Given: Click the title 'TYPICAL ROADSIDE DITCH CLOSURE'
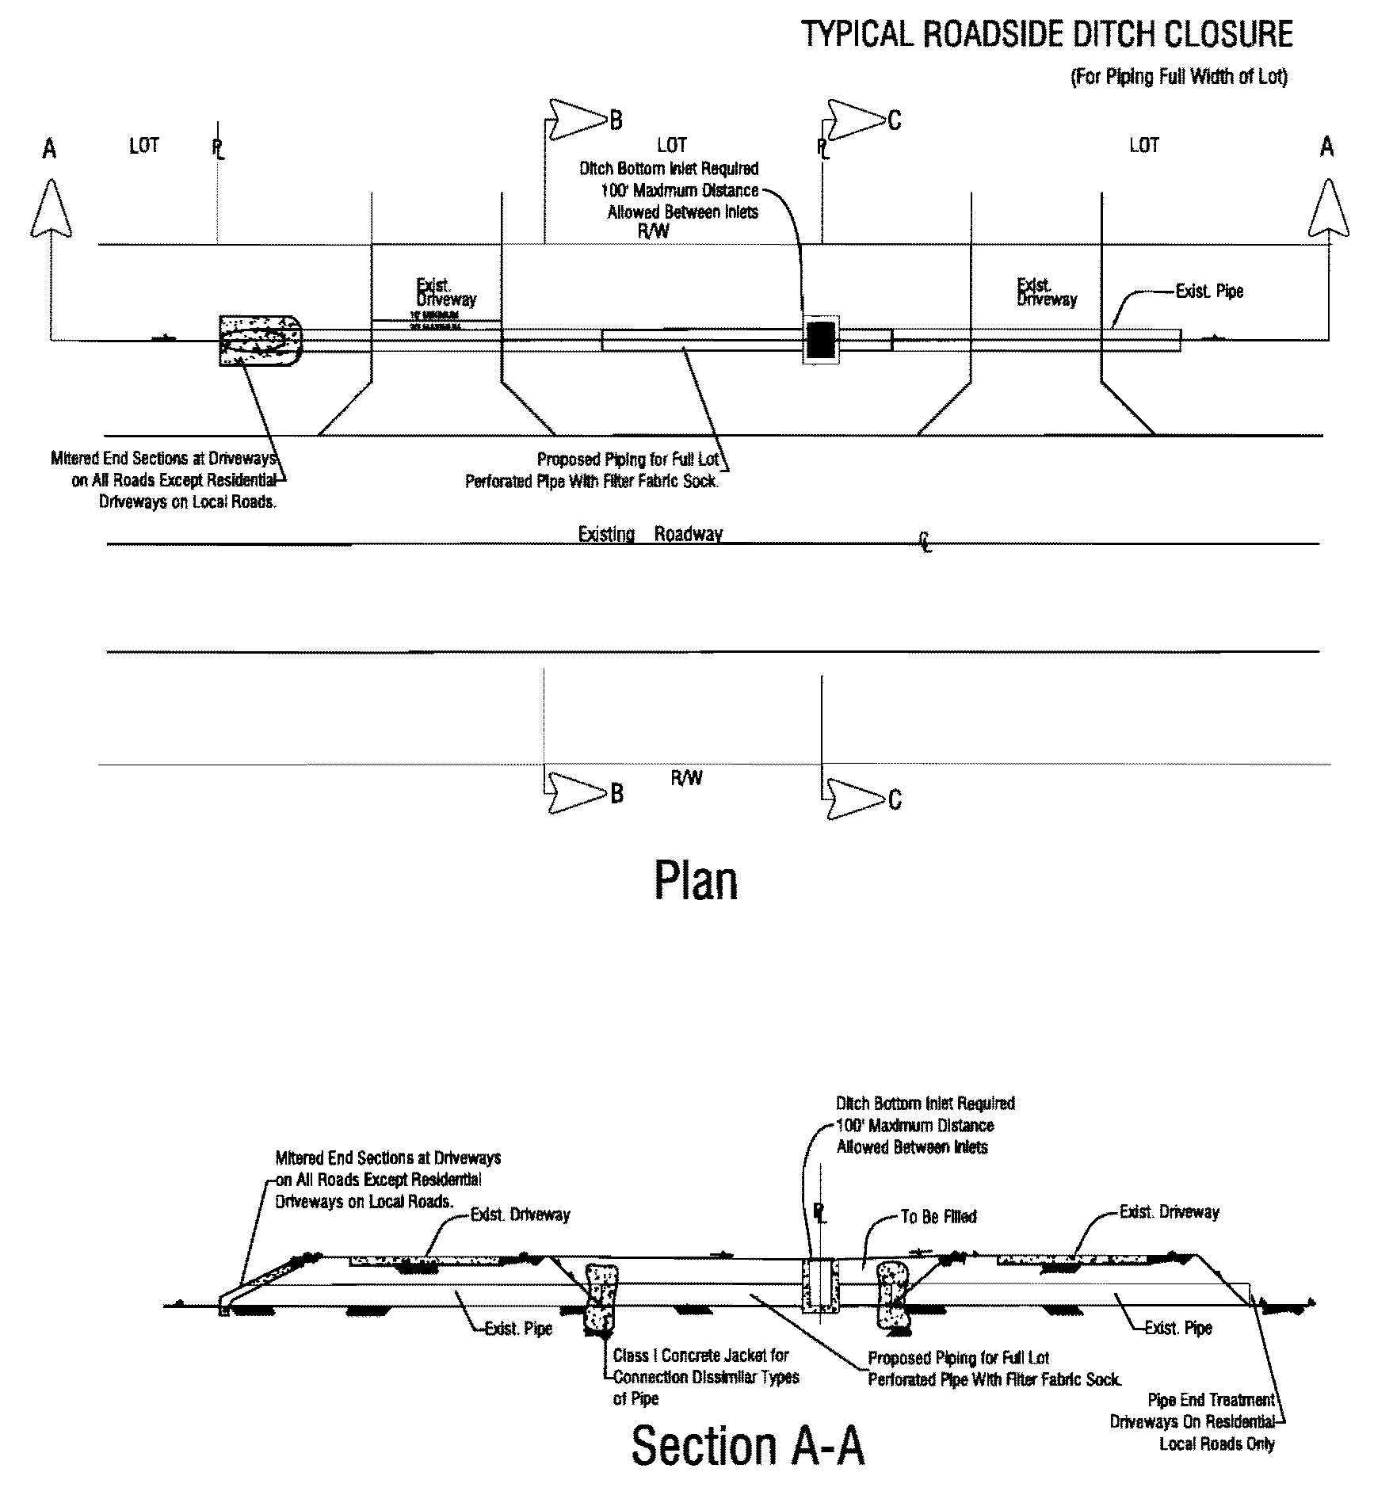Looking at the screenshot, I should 1047,36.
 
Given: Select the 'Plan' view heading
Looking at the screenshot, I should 696,881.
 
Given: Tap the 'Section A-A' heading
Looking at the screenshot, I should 747,1446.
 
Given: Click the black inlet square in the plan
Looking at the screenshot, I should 820,340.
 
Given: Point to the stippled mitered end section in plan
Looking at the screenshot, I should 260,341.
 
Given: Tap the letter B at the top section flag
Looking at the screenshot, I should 616,120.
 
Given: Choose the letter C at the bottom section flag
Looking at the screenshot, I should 894,800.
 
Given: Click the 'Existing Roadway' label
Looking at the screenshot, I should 650,535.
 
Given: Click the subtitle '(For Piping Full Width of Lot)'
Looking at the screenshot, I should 1179,78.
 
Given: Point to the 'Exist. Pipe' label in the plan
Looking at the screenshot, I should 1209,292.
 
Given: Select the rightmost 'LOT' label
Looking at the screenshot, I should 1143,145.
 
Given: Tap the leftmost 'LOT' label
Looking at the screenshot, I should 143,145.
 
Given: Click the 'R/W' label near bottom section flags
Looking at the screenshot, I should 686,778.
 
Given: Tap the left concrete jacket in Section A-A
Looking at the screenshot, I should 602,1300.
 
